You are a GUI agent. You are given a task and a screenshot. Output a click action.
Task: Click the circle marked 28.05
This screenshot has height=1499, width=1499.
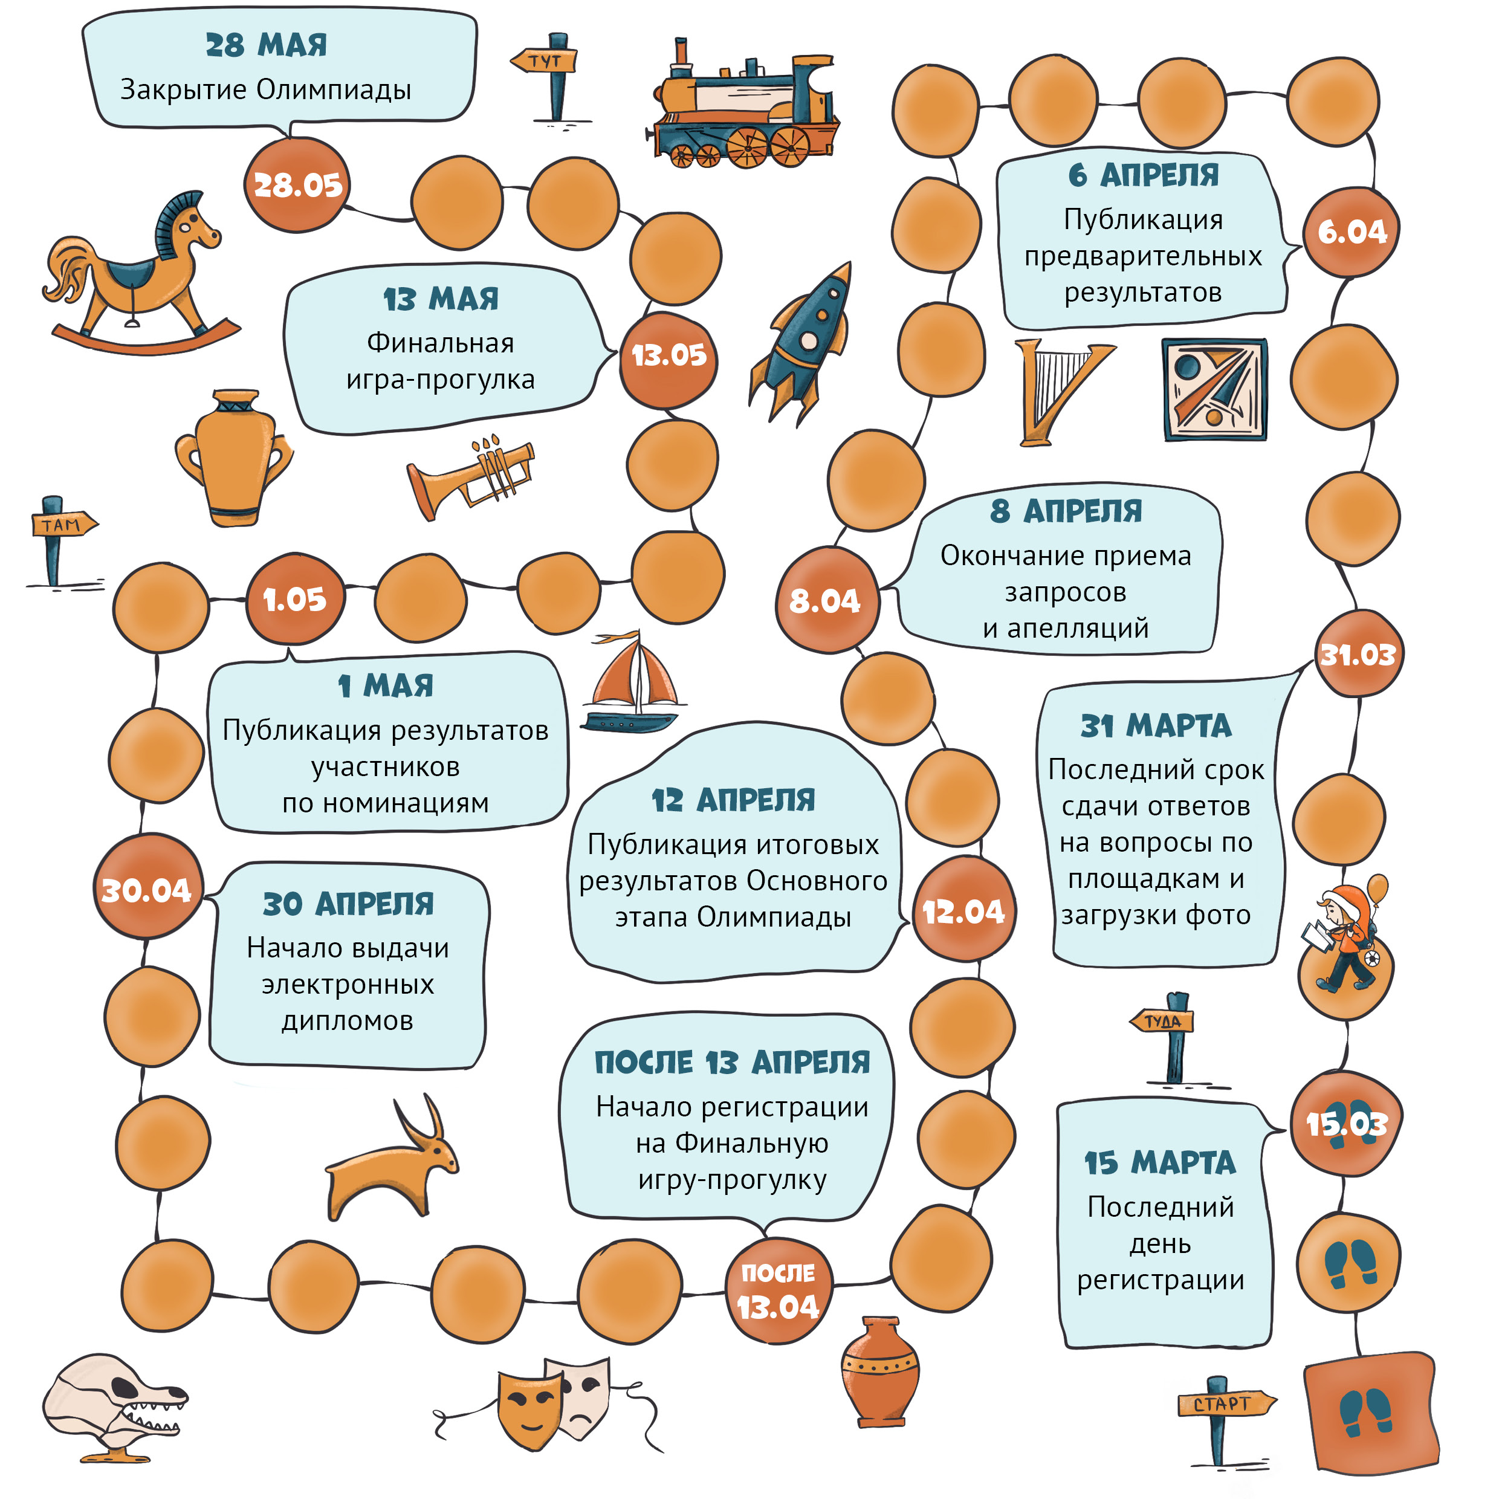pyautogui.click(x=298, y=185)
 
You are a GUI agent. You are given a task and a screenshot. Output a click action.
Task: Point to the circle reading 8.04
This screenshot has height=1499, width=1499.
pyautogui.click(x=827, y=600)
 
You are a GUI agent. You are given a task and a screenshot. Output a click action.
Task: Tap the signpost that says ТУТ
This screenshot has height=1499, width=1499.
pyautogui.click(x=550, y=77)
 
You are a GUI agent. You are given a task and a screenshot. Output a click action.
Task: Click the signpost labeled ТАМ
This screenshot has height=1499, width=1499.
pyautogui.click(x=58, y=542)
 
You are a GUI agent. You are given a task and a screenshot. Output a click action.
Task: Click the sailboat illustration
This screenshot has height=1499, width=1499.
pyautogui.click(x=632, y=683)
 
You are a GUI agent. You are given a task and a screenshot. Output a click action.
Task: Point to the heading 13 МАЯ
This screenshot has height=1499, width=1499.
pyautogui.click(x=441, y=299)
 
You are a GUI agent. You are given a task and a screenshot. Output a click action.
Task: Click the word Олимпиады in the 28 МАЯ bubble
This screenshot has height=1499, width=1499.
pyautogui.click(x=334, y=90)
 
